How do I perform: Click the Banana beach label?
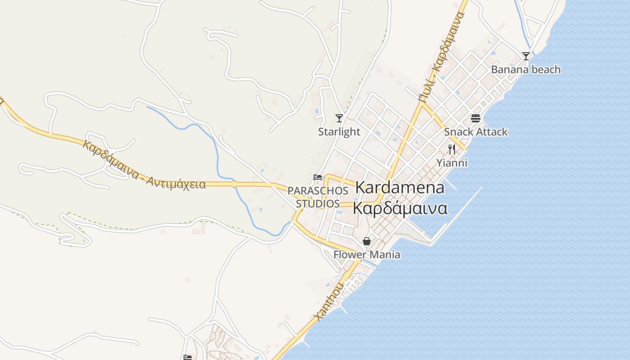(526, 69)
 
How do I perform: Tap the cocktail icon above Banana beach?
(526, 56)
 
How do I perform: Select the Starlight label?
(339, 131)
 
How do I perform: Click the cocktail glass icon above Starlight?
(339, 118)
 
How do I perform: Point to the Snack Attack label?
(476, 132)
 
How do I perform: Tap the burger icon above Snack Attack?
(476, 118)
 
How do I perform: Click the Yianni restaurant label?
(452, 163)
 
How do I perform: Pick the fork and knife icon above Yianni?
(452, 149)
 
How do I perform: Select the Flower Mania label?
(367, 255)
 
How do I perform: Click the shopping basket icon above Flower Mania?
(367, 242)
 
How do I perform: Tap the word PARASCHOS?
(318, 190)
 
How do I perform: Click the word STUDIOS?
(318, 203)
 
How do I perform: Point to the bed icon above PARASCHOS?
(318, 177)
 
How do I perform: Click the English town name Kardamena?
(400, 188)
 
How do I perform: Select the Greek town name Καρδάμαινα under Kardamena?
(400, 209)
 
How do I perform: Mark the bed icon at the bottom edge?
(188, 357)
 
